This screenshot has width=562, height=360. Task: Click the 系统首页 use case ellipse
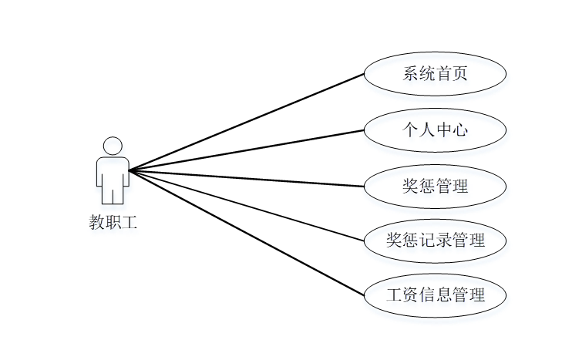click(x=435, y=74)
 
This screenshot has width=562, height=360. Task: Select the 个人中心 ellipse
click(x=435, y=130)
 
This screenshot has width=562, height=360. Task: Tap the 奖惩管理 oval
click(x=435, y=186)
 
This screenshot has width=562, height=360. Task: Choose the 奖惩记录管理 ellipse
click(x=435, y=241)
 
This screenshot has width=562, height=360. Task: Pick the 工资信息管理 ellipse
click(x=435, y=295)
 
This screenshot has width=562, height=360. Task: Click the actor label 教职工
click(x=113, y=224)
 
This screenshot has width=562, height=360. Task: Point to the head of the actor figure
click(x=113, y=146)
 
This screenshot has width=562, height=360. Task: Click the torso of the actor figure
click(x=113, y=171)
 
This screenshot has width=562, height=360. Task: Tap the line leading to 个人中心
click(x=247, y=150)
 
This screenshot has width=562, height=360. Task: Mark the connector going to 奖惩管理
click(x=247, y=178)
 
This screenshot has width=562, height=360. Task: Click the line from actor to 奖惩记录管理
click(x=247, y=206)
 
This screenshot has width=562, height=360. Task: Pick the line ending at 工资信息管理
click(x=247, y=234)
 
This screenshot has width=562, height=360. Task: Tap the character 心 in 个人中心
click(x=460, y=130)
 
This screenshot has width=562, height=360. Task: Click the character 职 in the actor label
click(x=113, y=224)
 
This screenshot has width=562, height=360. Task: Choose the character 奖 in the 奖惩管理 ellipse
click(x=410, y=186)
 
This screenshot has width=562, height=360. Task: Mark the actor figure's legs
click(x=113, y=194)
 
